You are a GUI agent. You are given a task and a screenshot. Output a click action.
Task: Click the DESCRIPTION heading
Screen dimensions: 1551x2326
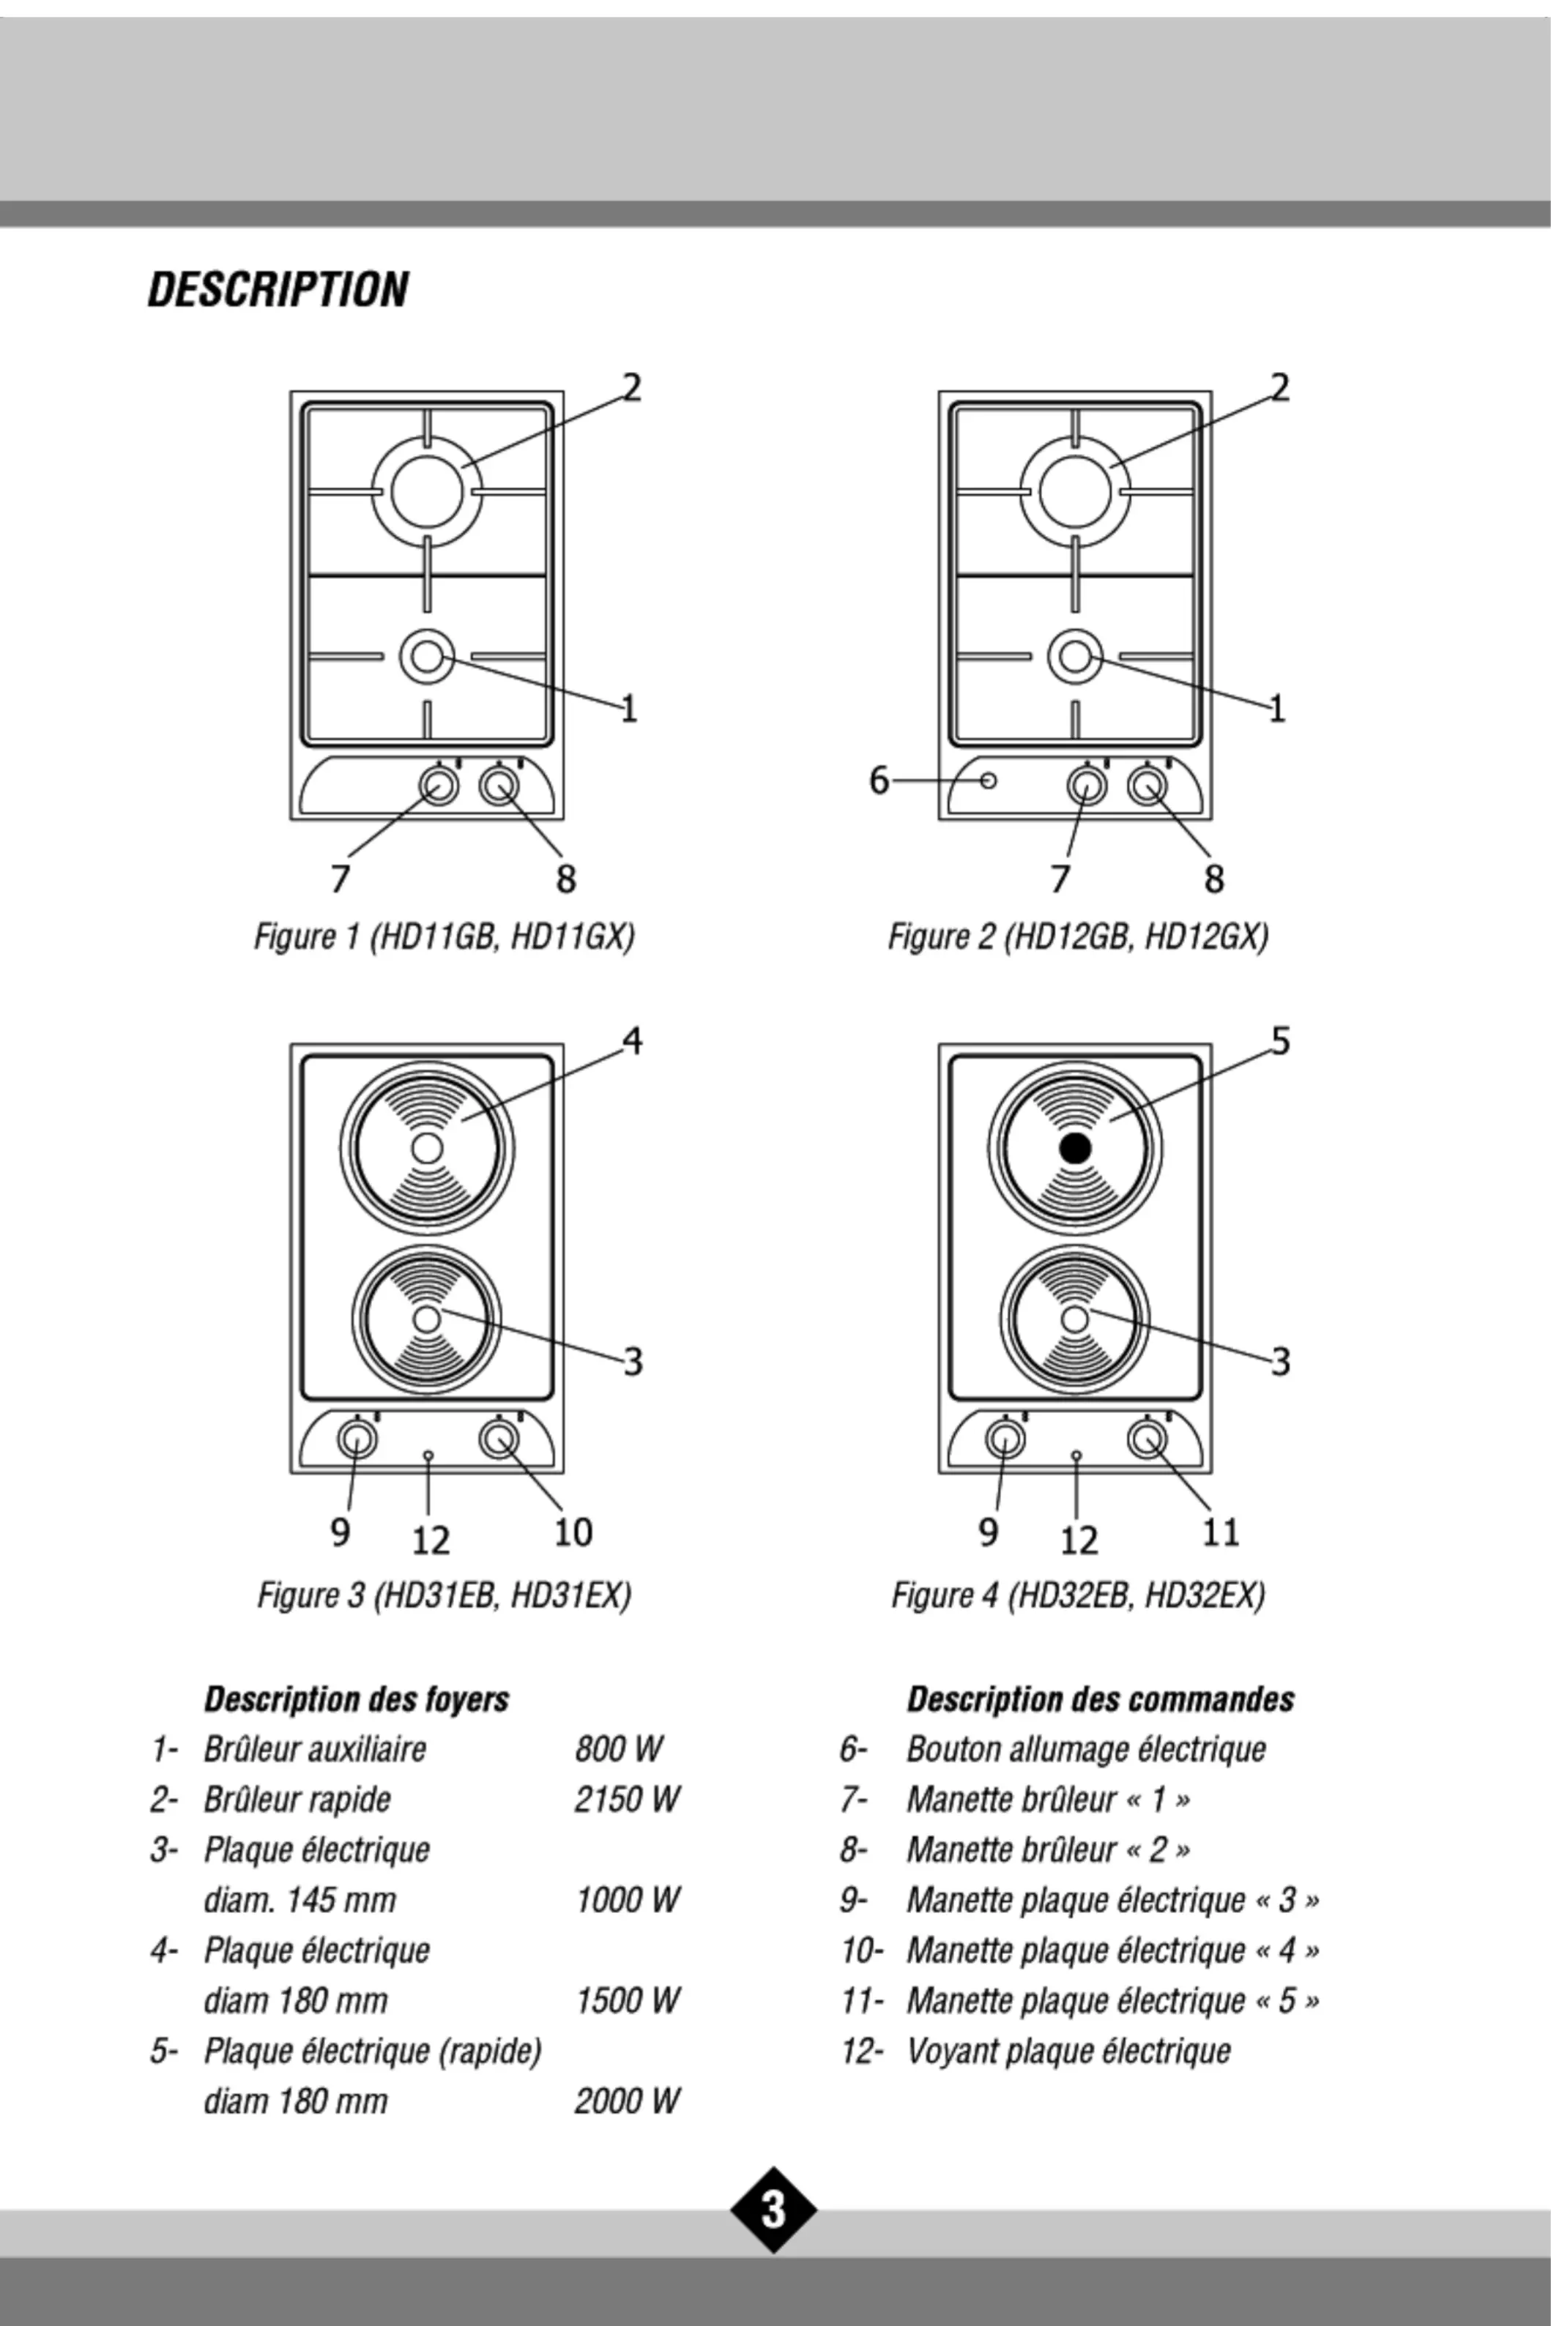pos(278,290)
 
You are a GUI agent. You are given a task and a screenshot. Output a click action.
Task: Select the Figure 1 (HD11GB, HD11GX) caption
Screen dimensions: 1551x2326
pos(444,936)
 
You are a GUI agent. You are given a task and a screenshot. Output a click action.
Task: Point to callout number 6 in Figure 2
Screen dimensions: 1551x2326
pos(878,780)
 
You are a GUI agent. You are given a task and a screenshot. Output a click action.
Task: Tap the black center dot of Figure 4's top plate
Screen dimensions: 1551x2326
pos(1075,1148)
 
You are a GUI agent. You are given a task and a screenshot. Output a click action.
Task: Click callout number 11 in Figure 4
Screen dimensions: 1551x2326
pos(1221,1531)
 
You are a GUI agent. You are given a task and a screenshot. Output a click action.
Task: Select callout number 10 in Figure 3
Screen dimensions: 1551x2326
pos(573,1531)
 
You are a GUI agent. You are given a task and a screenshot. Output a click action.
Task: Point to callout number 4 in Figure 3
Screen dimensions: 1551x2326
pos(632,1040)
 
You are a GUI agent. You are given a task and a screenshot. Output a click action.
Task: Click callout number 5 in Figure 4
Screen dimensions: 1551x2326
pos(1280,1040)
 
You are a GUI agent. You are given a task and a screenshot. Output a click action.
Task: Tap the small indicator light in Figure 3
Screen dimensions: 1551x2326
pos(428,1455)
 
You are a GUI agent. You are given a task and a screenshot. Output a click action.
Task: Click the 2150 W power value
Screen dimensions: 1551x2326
pos(627,1799)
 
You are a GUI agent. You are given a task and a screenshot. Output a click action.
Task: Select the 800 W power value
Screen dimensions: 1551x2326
pos(618,1748)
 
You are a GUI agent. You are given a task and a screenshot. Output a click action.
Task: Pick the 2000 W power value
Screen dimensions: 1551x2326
pos(627,2101)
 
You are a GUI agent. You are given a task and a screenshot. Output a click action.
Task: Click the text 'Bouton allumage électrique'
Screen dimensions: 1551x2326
pos(1086,1748)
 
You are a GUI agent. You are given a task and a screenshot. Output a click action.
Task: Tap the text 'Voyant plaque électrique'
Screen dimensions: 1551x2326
pos(1068,2051)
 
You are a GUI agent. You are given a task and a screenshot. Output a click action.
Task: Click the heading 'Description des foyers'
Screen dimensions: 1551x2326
pos(356,1699)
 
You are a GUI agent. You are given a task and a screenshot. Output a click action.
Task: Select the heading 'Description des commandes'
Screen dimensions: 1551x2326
pos(1101,1699)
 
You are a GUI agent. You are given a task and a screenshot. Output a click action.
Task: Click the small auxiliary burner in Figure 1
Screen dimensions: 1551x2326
pos(426,656)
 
